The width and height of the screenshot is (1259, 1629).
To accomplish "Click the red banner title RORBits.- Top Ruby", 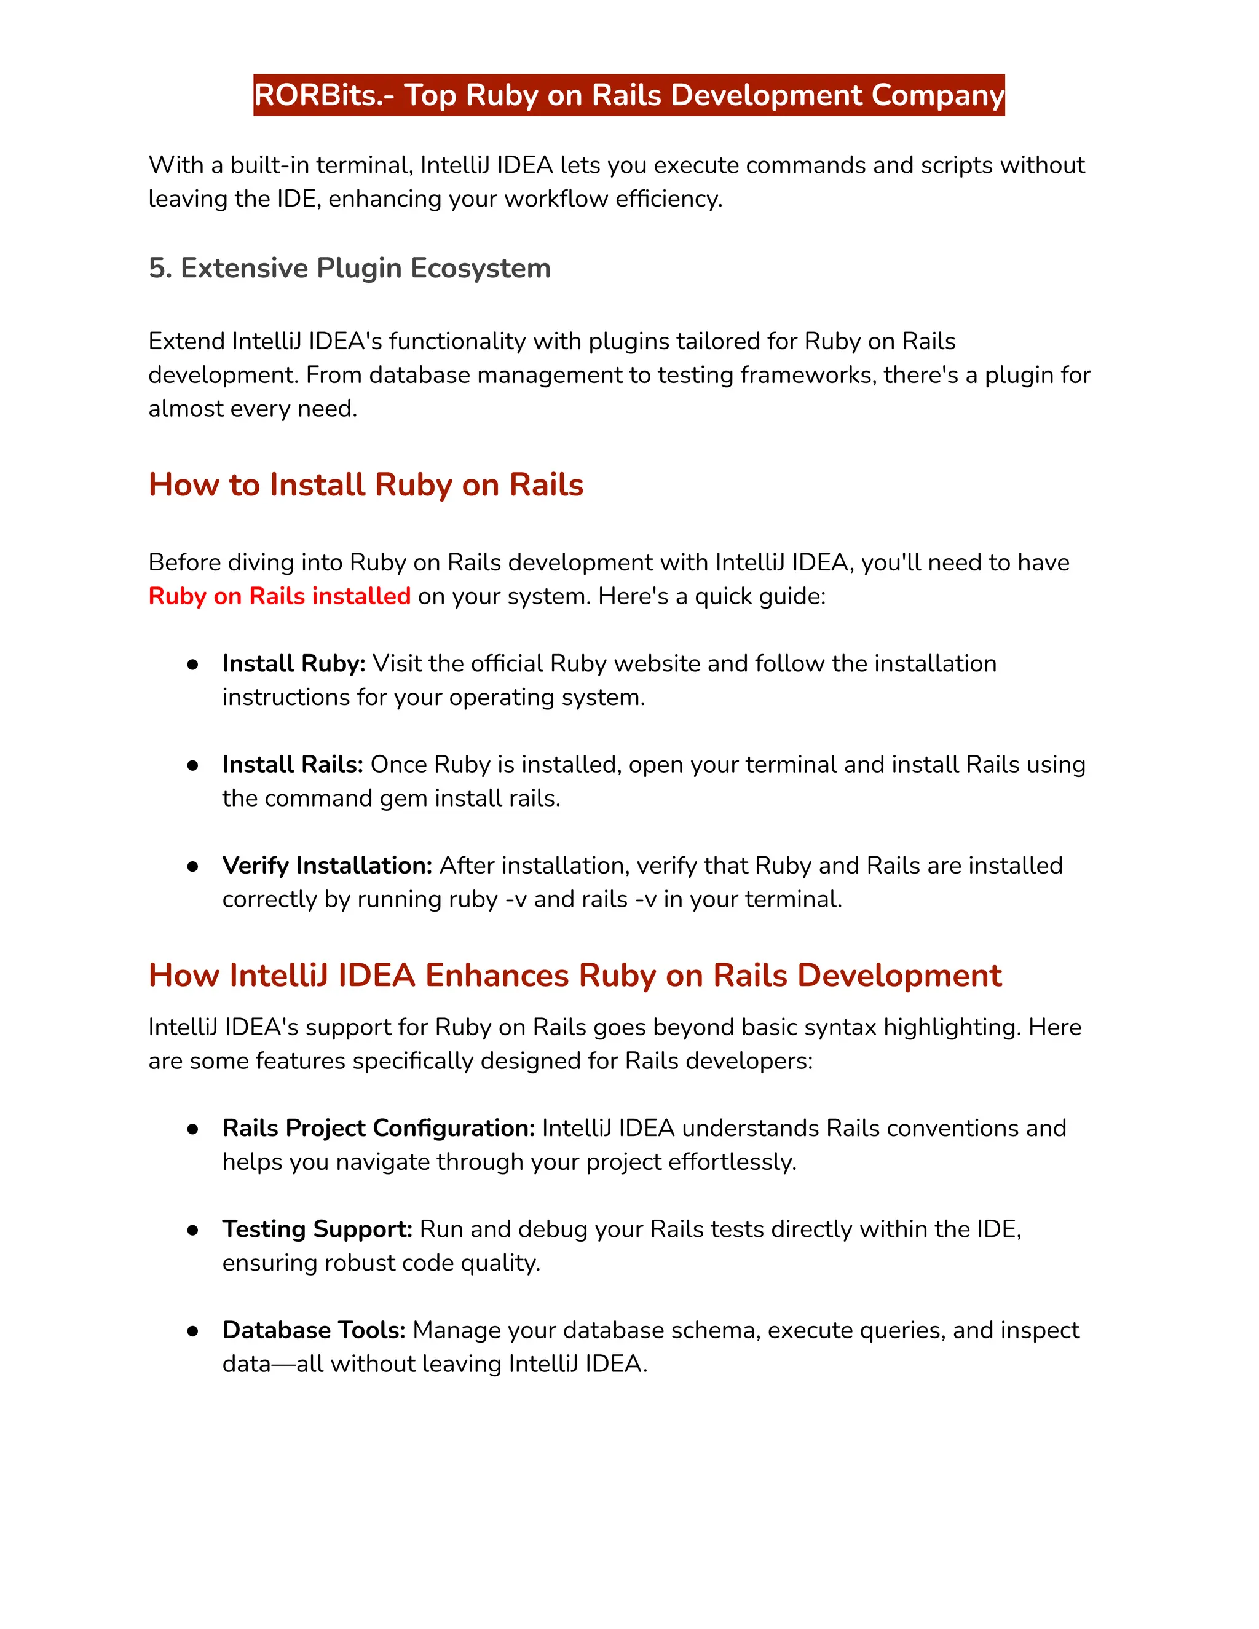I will pyautogui.click(x=629, y=95).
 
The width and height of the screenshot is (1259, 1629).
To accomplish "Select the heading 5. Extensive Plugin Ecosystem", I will pyautogui.click(x=349, y=268).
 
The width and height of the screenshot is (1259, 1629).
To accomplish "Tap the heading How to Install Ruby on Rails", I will pyautogui.click(x=366, y=485).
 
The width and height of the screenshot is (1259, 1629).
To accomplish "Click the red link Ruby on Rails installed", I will pyautogui.click(x=279, y=596).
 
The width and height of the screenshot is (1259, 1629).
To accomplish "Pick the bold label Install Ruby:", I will pyautogui.click(x=293, y=663).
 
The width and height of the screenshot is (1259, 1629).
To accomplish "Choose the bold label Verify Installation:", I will pyautogui.click(x=326, y=866).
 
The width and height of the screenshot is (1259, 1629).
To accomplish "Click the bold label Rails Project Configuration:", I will pyautogui.click(x=378, y=1128).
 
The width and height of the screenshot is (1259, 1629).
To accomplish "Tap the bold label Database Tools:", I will pyautogui.click(x=314, y=1330).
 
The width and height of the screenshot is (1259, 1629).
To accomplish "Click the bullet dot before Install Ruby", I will pyautogui.click(x=192, y=664).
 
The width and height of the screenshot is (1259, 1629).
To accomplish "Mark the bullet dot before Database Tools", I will pyautogui.click(x=192, y=1331).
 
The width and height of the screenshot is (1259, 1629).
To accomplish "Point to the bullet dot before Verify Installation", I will pyautogui.click(x=192, y=866).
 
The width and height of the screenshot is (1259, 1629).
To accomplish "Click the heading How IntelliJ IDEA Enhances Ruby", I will pyautogui.click(x=574, y=976).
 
